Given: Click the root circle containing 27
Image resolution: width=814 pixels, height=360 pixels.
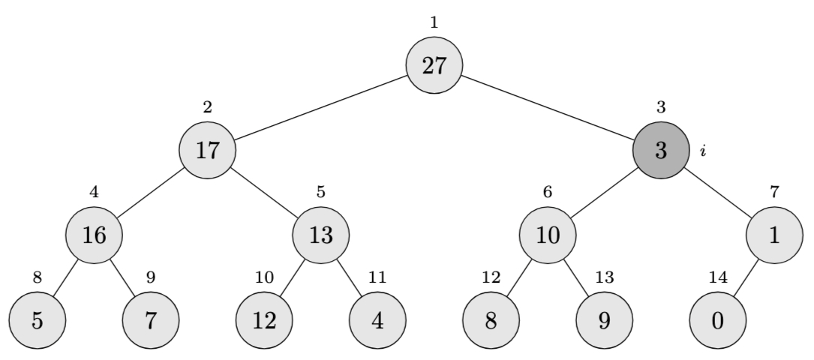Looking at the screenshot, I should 434,65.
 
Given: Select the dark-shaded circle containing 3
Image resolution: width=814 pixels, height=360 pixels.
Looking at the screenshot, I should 661,150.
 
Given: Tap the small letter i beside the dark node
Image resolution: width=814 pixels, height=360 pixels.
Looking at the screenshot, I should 703,151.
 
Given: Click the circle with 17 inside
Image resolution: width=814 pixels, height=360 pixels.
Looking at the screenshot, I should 207,150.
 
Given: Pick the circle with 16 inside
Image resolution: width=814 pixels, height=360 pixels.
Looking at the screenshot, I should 94,235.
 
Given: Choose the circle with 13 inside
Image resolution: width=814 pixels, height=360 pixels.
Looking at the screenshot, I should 321,235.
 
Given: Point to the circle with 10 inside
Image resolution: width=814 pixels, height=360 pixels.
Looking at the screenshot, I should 548,235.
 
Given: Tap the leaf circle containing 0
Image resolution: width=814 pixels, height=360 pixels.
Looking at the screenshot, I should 718,320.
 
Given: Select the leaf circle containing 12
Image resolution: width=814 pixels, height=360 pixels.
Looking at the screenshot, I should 264,320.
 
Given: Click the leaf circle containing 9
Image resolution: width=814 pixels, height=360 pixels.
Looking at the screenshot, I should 605,320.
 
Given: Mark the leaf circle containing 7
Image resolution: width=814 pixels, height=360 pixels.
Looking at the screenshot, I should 151,320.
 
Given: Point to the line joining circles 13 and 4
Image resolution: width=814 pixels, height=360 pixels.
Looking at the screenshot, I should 350,277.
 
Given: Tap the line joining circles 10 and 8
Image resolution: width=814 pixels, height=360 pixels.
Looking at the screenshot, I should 520,277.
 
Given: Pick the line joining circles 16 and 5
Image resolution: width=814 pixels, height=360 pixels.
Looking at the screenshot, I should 65,277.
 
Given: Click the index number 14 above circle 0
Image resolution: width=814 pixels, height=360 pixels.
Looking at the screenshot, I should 718,277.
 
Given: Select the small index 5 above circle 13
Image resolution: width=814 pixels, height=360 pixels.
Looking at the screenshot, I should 321,192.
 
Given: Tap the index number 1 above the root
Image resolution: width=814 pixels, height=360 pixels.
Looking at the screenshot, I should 434,22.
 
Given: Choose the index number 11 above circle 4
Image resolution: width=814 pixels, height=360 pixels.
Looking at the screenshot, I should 377,277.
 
